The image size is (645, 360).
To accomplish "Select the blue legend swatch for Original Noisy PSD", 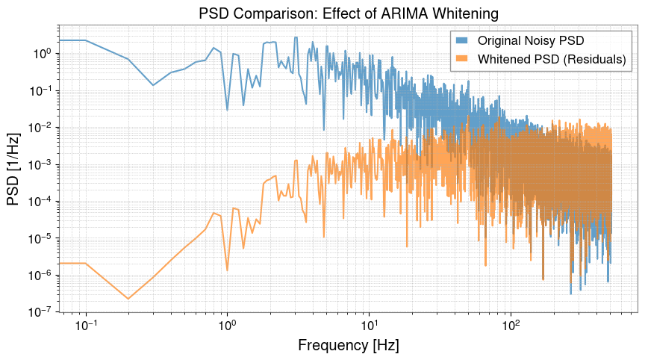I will click(462, 39).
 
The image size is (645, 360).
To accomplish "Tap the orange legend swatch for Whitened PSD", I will click(462, 60).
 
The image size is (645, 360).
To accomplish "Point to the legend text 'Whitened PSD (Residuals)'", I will click(551, 60).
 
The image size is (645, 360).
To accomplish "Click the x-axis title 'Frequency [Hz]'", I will click(348, 345).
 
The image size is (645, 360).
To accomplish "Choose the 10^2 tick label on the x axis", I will click(511, 326).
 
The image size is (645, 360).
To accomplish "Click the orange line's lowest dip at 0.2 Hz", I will click(128, 299).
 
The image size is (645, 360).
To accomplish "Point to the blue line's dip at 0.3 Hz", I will click(153, 85).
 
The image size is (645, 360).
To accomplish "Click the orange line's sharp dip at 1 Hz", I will click(227, 270).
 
